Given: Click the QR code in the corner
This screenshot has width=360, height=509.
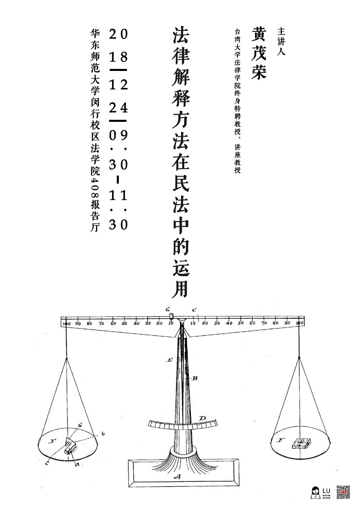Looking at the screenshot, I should [x=344, y=492].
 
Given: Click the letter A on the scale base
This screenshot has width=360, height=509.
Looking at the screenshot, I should [x=177, y=477].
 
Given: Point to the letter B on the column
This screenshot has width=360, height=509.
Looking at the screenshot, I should [x=195, y=378].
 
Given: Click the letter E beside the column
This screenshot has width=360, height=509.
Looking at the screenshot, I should [x=169, y=360].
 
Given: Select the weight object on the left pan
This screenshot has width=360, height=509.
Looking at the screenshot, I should [x=69, y=444].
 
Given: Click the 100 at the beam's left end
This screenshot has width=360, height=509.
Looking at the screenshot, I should [x=65, y=323].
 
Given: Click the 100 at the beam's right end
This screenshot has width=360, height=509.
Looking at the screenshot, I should [x=300, y=323].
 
